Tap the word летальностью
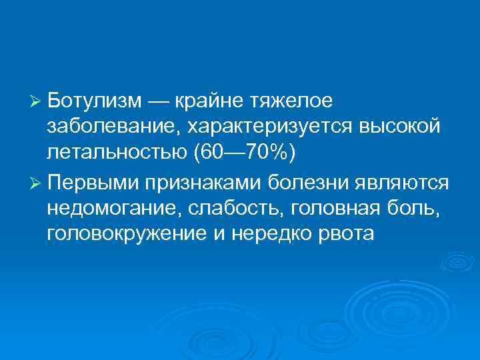[116, 153]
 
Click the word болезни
[305, 181]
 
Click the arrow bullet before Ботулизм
[36, 101]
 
